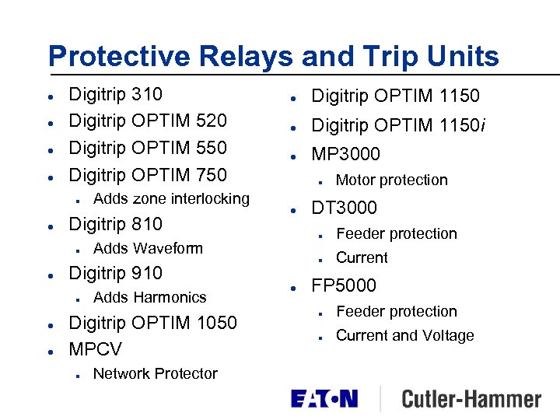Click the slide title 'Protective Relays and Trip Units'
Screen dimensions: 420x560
(273, 56)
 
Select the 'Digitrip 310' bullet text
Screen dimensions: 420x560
(116, 95)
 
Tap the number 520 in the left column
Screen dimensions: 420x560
(212, 121)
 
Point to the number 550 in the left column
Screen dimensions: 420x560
(212, 148)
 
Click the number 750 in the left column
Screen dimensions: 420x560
(212, 174)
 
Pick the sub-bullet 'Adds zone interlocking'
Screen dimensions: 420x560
(171, 198)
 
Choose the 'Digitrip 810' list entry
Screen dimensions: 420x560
(116, 224)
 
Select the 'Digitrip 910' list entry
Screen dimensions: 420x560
(116, 273)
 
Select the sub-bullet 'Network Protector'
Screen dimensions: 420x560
(155, 374)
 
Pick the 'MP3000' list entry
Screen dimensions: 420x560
(345, 154)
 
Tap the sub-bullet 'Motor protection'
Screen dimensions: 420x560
(391, 180)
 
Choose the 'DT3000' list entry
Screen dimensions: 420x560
(344, 208)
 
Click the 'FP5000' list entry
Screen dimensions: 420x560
(343, 285)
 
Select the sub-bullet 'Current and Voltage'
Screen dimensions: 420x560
(404, 336)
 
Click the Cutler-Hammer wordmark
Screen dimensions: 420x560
(471, 400)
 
